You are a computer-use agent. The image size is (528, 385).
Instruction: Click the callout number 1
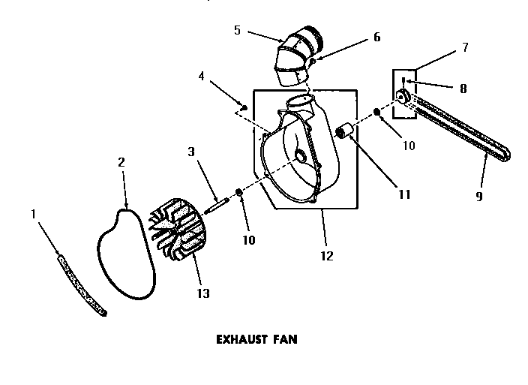tap(33, 214)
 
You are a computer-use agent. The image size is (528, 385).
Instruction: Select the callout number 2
tap(121, 161)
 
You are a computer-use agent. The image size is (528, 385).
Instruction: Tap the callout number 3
tap(192, 152)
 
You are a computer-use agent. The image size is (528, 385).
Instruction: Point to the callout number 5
tap(237, 31)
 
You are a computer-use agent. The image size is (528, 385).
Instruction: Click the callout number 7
tap(465, 47)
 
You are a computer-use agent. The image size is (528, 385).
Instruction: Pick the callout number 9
tap(479, 197)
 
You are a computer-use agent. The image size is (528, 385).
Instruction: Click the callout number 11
tap(404, 194)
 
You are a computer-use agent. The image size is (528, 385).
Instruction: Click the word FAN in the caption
tap(286, 338)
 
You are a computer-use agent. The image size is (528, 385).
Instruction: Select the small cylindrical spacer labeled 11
tap(346, 133)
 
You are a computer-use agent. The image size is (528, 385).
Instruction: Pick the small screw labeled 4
tap(244, 106)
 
